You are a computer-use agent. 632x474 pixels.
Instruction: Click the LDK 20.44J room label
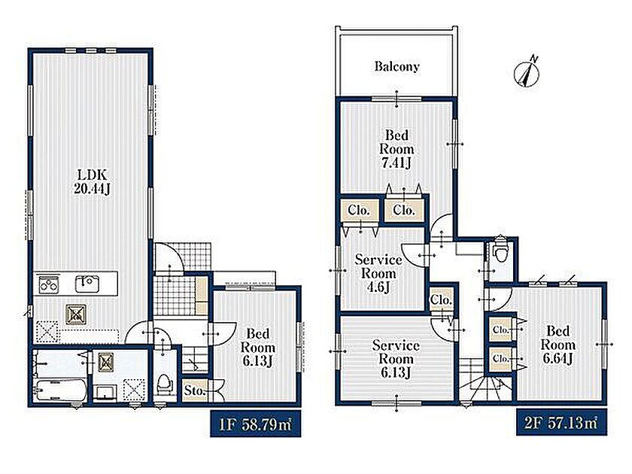point(92,181)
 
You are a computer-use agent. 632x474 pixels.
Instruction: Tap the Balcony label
point(397,66)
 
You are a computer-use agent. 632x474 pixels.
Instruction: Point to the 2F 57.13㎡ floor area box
point(561,422)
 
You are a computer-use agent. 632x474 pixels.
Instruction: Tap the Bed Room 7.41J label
point(397,149)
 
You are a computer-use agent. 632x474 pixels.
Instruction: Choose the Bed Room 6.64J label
point(558,345)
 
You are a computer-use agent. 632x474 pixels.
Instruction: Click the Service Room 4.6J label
point(378,273)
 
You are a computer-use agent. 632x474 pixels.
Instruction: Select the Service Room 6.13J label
point(396,359)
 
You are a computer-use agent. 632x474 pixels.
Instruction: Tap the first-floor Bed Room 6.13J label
point(258,347)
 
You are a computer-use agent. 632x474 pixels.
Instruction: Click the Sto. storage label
point(195,390)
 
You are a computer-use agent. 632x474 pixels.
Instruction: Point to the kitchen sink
point(87,284)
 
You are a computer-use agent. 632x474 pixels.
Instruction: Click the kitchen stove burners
point(49,284)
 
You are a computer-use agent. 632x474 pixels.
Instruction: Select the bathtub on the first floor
point(61,390)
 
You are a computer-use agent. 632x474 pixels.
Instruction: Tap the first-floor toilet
point(165,384)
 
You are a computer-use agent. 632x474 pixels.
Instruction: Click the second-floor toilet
point(500,250)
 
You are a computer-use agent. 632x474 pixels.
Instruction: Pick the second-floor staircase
point(485,381)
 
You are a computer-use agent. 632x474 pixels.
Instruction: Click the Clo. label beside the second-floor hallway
point(441,300)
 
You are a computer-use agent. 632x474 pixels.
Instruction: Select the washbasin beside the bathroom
point(105,392)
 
